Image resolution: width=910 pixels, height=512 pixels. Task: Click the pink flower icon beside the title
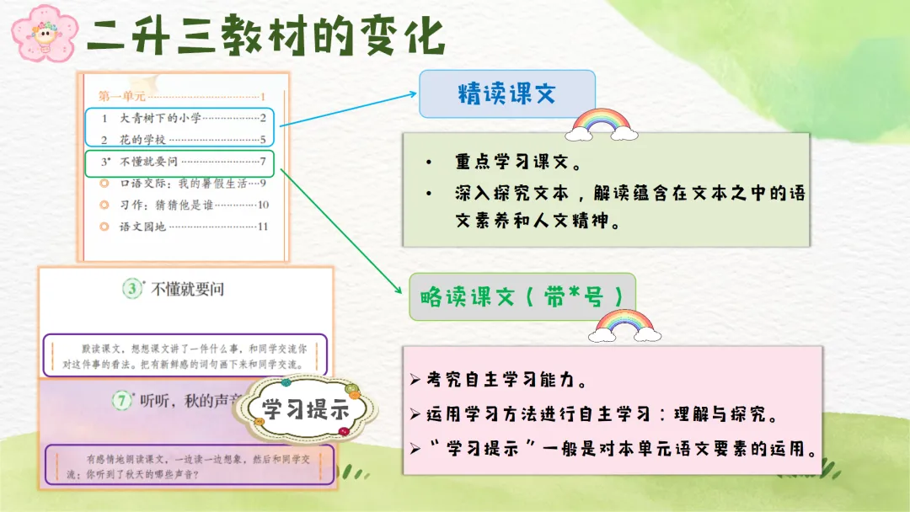45,34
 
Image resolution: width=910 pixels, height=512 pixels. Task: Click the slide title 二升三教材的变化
266,36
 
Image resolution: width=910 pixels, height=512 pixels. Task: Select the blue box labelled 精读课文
507,94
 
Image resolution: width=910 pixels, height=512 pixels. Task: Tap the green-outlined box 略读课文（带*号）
522,297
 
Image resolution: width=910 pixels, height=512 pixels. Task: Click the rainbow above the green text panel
602,124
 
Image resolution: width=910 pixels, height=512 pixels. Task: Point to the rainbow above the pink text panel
624,326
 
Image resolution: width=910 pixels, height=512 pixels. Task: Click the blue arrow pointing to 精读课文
348,109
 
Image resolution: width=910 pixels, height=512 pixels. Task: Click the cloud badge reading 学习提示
306,409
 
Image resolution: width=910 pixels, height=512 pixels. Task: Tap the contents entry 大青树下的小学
160,118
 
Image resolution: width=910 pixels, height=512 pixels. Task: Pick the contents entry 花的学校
142,140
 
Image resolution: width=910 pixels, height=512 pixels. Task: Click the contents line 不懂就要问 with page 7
184,162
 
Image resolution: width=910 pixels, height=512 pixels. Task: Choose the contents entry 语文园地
142,227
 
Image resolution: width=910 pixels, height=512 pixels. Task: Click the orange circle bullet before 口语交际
104,184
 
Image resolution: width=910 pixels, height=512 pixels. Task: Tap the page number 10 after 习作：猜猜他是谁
263,205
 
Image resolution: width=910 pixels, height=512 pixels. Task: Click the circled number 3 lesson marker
132,288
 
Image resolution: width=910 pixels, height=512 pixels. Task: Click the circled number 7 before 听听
122,400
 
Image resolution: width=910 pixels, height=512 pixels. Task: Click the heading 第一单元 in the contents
121,96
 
